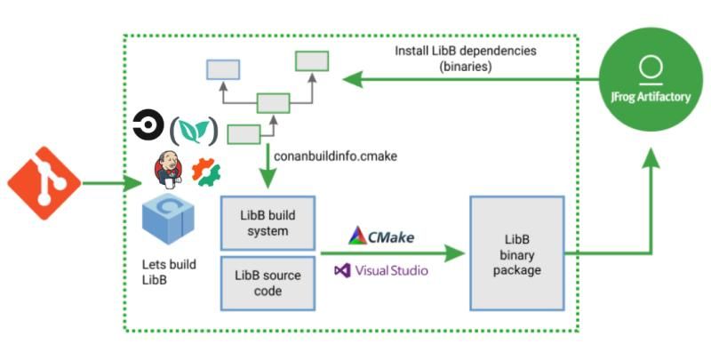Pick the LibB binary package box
516,254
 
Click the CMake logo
381,236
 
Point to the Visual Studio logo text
381,269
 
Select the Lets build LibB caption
169,272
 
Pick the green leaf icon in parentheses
193,131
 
